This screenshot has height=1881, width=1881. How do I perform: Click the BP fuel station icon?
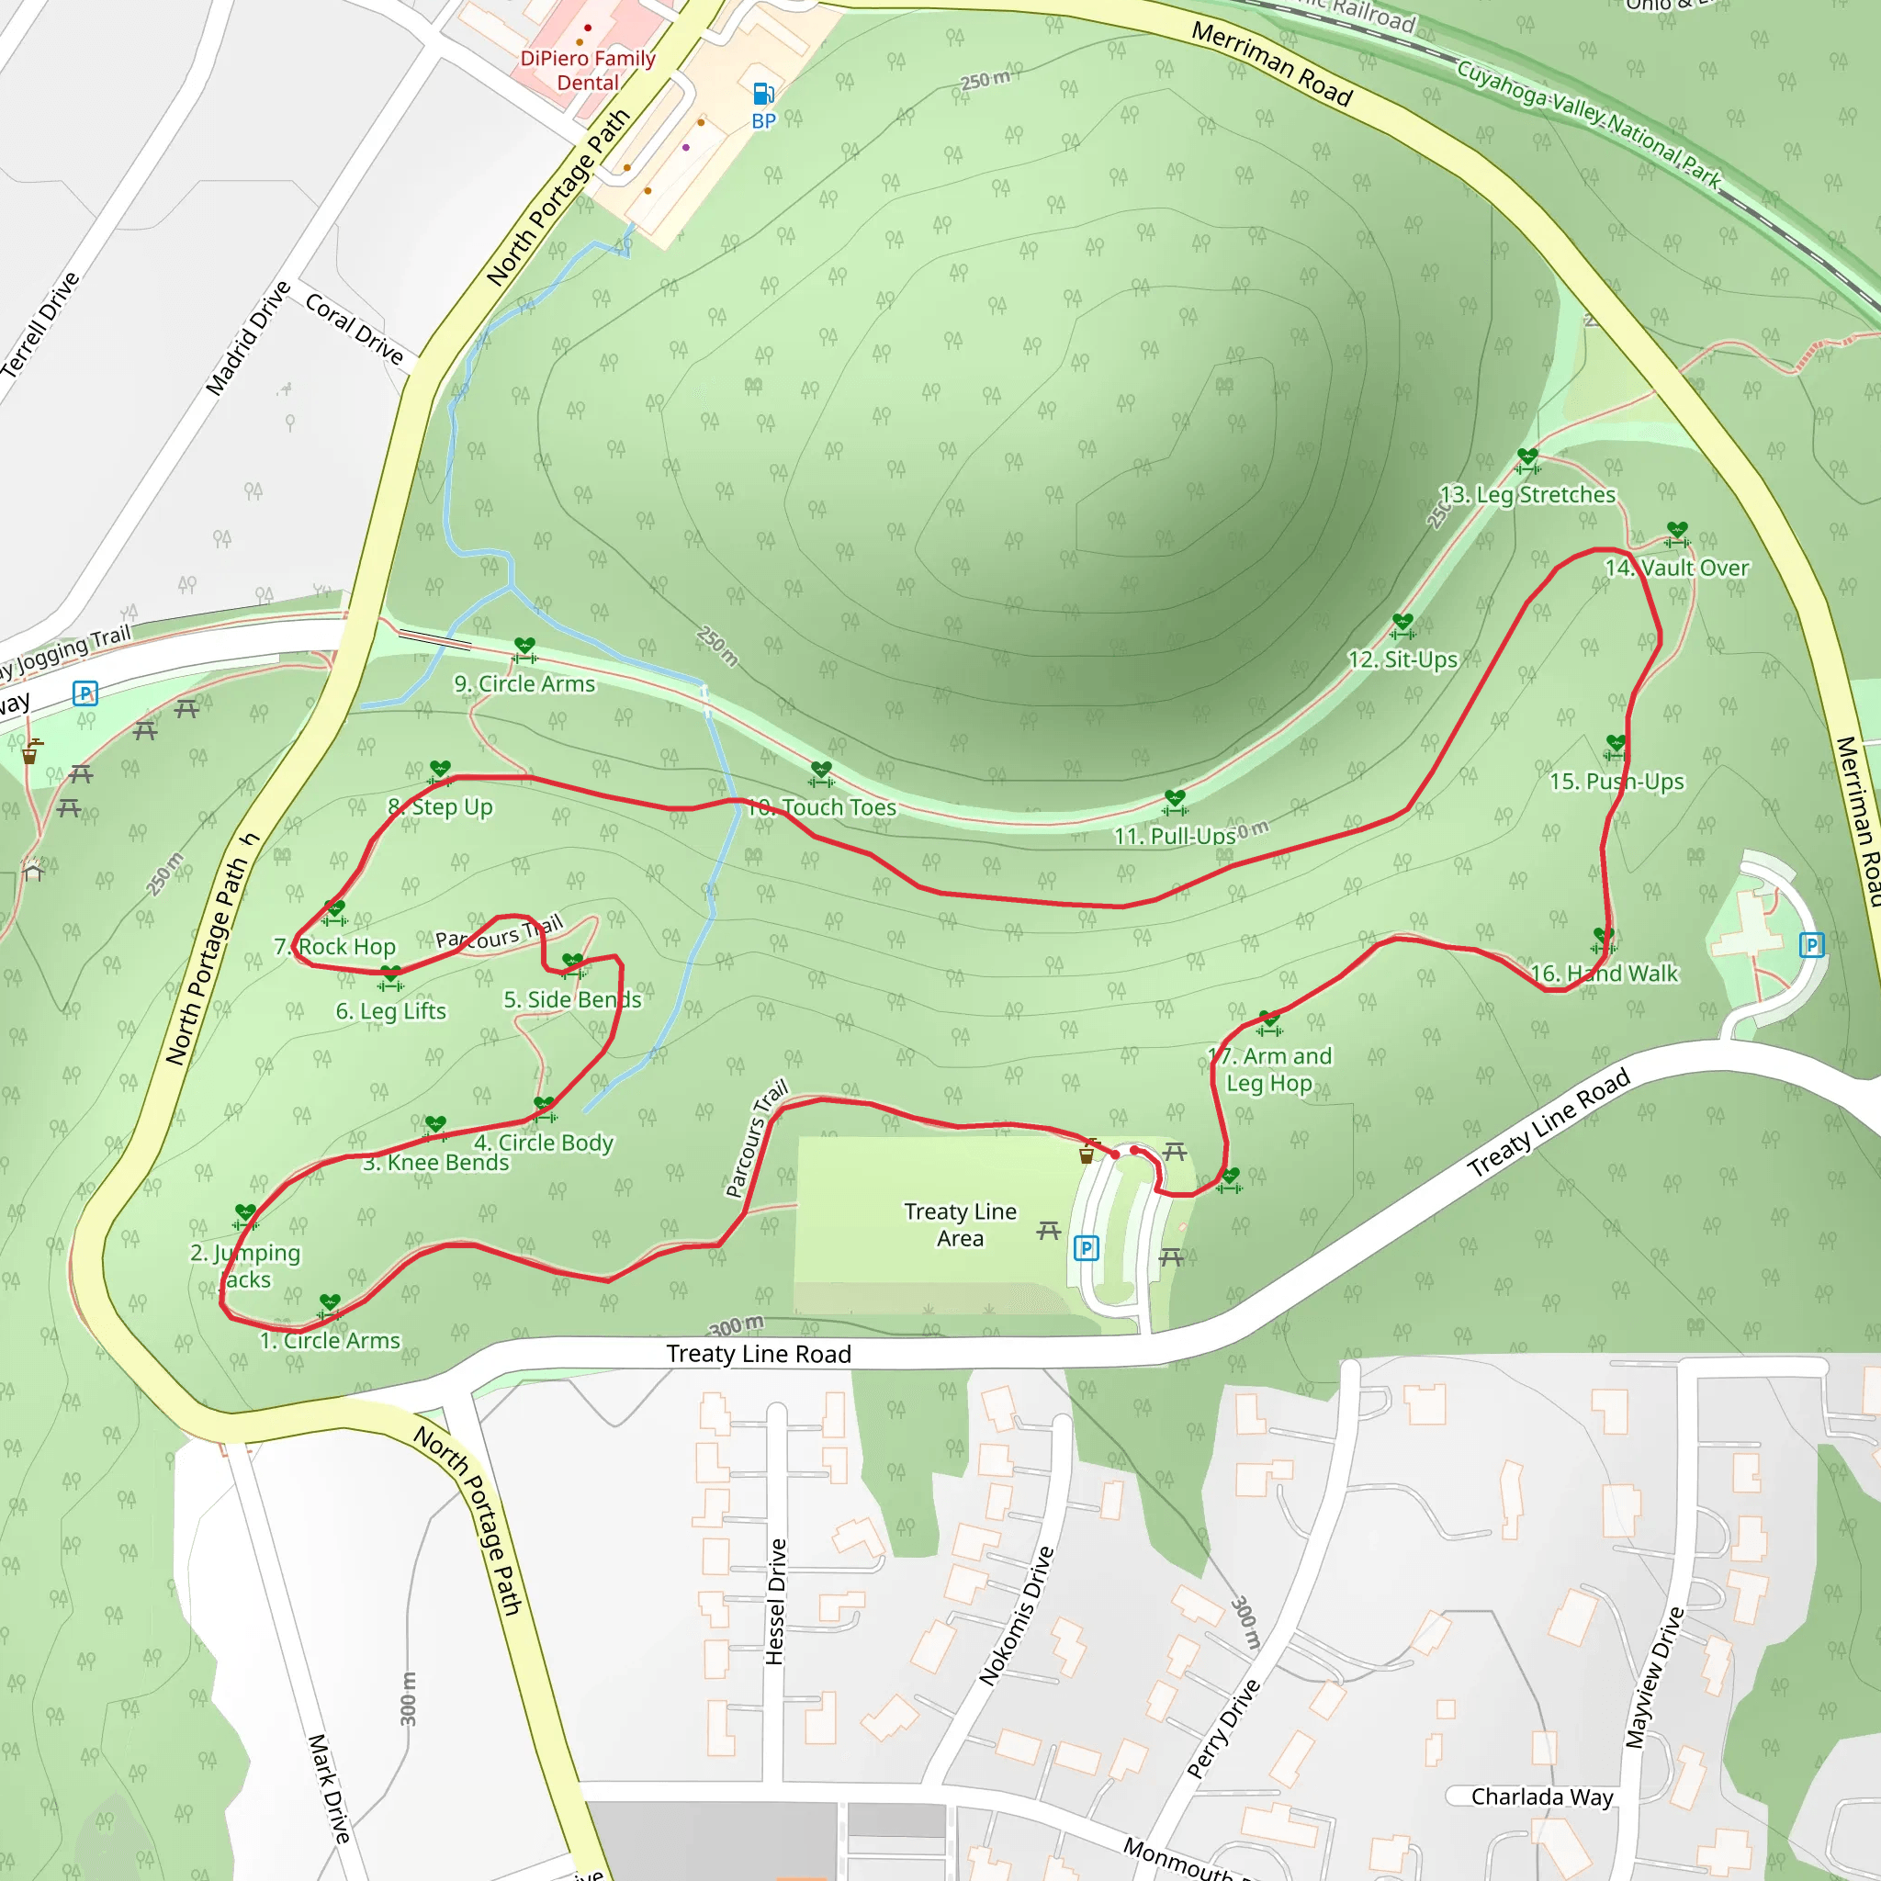[763, 95]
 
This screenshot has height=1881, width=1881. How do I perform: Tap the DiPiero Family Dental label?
[587, 70]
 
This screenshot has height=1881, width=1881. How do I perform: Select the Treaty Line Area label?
[960, 1225]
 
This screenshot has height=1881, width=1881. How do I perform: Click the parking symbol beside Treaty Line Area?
[1086, 1248]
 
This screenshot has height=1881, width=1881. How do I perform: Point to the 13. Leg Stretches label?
[1526, 495]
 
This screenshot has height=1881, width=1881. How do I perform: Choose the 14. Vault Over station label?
[1676, 568]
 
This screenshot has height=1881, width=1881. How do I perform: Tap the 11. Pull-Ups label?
[1174, 837]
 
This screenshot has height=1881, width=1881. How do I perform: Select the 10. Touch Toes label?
[824, 807]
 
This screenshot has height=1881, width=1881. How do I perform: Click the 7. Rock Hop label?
[335, 946]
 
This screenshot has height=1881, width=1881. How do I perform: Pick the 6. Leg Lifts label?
[390, 1010]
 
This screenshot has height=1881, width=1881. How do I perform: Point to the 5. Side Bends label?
[572, 999]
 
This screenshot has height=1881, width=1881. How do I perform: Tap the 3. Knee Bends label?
[436, 1163]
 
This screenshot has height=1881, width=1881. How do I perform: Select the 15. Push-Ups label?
[1616, 782]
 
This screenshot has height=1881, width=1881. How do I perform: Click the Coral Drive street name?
[355, 329]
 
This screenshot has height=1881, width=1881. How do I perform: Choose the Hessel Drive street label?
[775, 1602]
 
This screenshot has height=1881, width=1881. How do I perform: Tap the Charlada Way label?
[1542, 1797]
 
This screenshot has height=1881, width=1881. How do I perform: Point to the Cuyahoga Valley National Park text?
[1589, 123]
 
